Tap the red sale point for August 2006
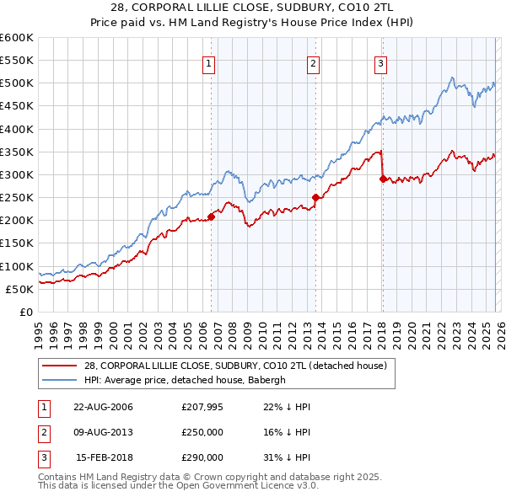pos(211,216)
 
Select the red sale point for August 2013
pos(315,198)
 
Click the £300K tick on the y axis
pos(17,174)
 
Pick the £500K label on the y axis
pos(17,83)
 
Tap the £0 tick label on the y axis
pos(26,312)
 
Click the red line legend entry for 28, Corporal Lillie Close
pos(235,366)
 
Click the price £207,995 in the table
pos(202,407)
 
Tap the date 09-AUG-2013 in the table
pos(103,432)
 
